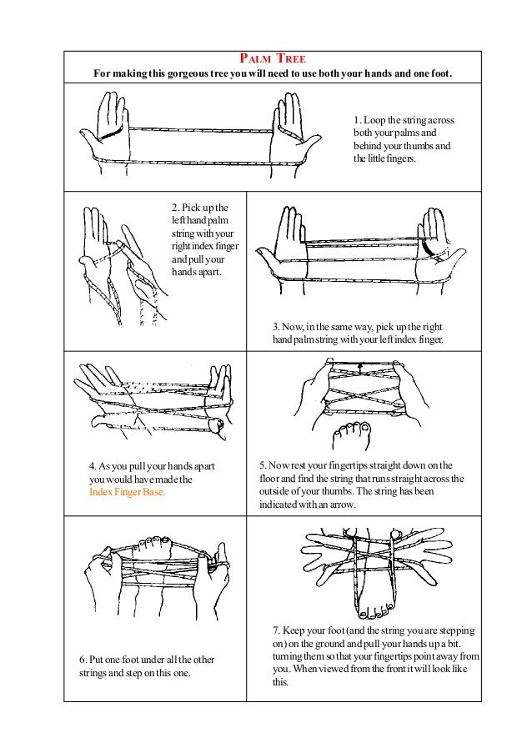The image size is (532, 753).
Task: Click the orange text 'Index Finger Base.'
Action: coord(127,492)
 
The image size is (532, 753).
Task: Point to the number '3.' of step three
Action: coord(277,327)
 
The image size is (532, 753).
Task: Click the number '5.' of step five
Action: coord(263,465)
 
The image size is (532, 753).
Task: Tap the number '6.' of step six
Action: coord(83,660)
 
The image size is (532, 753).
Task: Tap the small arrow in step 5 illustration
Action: coord(359,365)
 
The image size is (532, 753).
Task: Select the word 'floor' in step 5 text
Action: coord(272,479)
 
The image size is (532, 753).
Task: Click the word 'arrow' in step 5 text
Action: coord(340,505)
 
